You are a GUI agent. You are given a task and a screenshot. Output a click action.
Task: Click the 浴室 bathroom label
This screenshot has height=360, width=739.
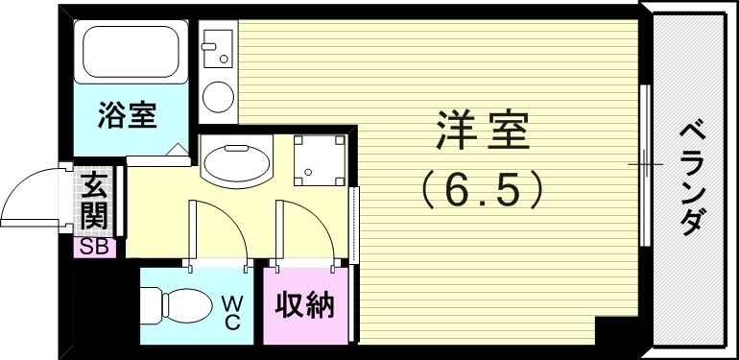pos(127,116)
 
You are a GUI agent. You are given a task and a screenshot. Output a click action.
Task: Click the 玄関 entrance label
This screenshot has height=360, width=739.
pos(94,201)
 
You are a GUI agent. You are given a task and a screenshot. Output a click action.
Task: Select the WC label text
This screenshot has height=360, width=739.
pos(232,311)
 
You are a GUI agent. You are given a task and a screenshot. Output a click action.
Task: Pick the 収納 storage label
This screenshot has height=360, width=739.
pos(304,306)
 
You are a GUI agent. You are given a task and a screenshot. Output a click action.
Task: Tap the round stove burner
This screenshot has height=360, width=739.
pos(219,97)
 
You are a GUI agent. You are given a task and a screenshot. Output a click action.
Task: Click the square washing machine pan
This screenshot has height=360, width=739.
pos(319,160)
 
